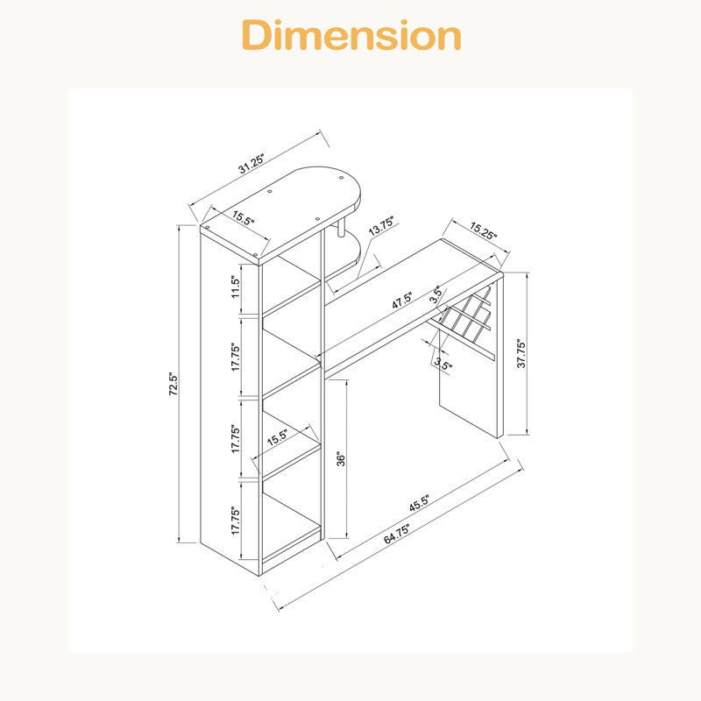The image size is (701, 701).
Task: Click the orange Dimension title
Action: tap(351, 35)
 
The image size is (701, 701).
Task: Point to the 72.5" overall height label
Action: tap(173, 384)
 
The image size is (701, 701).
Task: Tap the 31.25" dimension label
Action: tap(251, 164)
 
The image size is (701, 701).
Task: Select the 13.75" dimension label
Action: tap(381, 226)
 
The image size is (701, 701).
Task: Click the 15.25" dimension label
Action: tap(483, 230)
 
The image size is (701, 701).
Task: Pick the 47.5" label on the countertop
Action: tap(402, 300)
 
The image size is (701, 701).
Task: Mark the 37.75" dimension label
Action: tap(521, 353)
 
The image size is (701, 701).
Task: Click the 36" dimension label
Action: tap(341, 458)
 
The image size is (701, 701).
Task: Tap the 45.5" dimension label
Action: tap(419, 503)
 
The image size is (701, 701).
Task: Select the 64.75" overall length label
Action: tap(397, 535)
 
